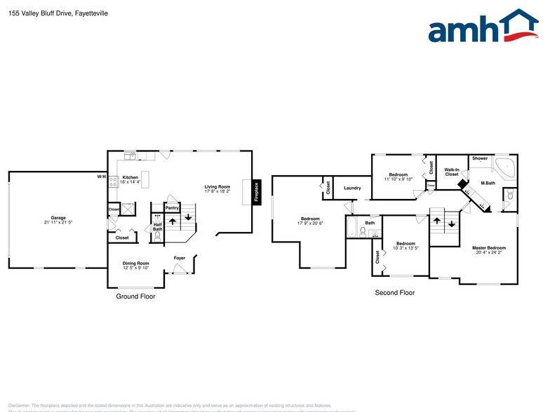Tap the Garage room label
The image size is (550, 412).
[58, 218]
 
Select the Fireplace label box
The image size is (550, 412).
[256, 192]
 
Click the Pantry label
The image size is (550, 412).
[172, 208]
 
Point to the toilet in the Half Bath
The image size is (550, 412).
[157, 236]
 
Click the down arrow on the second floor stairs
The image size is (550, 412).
[451, 224]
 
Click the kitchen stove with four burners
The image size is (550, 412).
[112, 178]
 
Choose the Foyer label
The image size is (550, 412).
[179, 258]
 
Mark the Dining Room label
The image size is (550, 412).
[136, 263]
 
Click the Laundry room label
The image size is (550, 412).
[352, 188]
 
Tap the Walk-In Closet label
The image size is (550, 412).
[451, 172]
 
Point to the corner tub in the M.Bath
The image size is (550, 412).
[506, 167]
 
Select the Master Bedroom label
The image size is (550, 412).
[488, 248]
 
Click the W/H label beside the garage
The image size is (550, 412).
[101, 177]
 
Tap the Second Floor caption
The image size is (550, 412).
[394, 293]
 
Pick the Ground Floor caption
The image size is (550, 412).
[135, 296]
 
